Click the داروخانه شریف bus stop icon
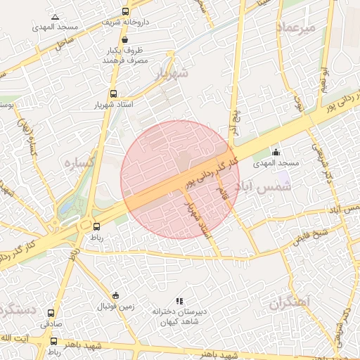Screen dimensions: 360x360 (125, 11)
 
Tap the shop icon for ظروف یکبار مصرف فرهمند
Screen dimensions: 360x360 (124, 40)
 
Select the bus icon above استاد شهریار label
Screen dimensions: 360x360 (113, 94)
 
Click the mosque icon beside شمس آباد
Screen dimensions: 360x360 (276, 153)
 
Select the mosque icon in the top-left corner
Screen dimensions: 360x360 (56, 16)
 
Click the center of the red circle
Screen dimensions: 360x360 (180, 179)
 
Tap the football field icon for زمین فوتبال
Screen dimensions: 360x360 (115, 295)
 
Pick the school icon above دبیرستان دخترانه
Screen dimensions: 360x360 (179, 301)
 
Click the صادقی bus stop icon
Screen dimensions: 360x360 (51, 313)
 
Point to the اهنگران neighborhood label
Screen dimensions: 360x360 (289, 303)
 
